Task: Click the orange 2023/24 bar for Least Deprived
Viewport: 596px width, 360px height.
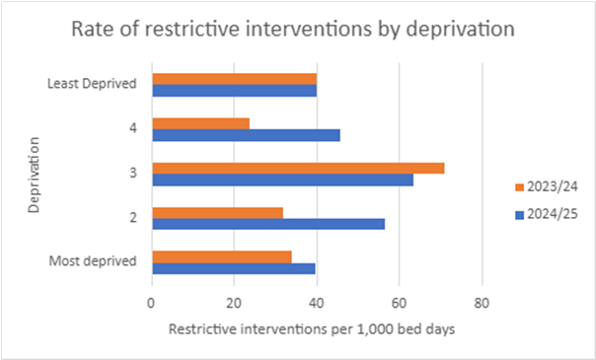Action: pyautogui.click(x=234, y=78)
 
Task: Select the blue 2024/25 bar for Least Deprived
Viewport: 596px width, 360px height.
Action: pyautogui.click(x=234, y=90)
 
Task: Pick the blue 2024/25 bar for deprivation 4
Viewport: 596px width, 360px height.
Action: pyautogui.click(x=246, y=135)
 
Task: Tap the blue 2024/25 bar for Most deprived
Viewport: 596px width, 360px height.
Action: pyautogui.click(x=233, y=268)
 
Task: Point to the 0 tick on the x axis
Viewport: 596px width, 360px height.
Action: pyautogui.click(x=151, y=304)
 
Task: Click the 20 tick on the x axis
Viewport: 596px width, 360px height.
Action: pyautogui.click(x=233, y=304)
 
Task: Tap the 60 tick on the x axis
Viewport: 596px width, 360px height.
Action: pyautogui.click(x=399, y=304)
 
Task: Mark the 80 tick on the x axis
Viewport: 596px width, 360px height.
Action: pyautogui.click(x=481, y=304)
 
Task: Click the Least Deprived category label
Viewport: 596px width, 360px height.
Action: pyautogui.click(x=92, y=84)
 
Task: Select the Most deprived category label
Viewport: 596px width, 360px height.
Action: pyautogui.click(x=94, y=262)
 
